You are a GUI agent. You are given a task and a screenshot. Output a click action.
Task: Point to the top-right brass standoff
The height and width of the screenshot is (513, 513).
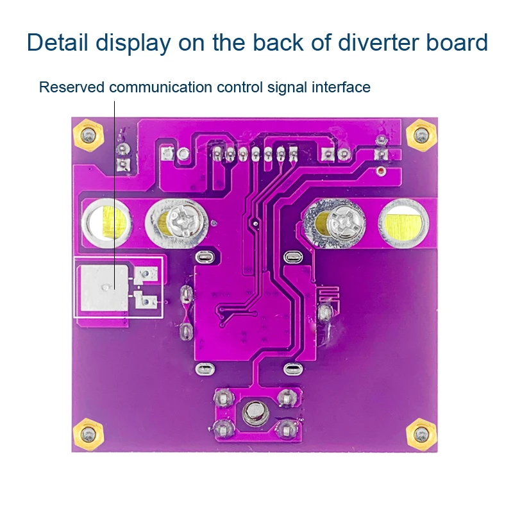[x=421, y=135]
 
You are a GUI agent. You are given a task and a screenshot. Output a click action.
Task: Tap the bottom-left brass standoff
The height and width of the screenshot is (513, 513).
[x=88, y=434]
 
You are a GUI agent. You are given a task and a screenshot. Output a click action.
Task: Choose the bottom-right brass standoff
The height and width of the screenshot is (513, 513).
[x=423, y=434]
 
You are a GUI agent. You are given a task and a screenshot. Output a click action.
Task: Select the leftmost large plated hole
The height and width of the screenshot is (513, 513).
[x=106, y=223]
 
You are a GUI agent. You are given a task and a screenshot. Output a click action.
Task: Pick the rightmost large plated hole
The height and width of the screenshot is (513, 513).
[x=402, y=223]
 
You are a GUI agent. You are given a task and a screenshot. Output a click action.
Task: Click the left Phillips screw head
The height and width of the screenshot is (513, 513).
[x=185, y=223]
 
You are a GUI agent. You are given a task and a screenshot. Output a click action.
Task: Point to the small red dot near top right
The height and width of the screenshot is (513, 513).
[x=380, y=171]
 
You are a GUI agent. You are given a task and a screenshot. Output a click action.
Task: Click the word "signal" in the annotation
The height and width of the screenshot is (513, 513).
[x=289, y=87]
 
